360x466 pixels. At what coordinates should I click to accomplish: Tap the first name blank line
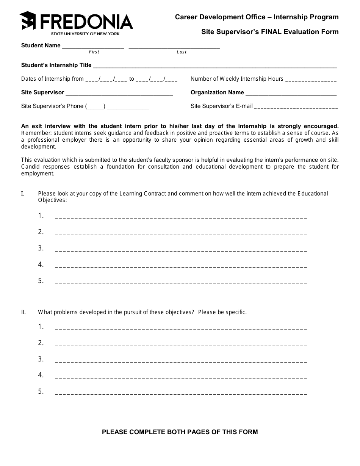click(x=93, y=47)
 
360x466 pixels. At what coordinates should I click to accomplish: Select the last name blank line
click(x=174, y=47)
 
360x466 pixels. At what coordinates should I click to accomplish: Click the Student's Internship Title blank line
click(x=215, y=66)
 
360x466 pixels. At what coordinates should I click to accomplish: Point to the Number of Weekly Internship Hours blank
click(x=311, y=80)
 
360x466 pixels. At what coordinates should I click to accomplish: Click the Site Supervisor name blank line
click(x=119, y=93)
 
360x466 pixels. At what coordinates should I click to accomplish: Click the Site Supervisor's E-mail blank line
click(x=296, y=107)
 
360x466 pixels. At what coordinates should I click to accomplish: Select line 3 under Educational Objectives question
click(x=181, y=250)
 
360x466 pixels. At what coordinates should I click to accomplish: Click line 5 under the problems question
click(x=181, y=393)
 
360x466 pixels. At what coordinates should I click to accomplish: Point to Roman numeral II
click(x=23, y=312)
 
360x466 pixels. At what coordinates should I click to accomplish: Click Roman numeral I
click(x=23, y=194)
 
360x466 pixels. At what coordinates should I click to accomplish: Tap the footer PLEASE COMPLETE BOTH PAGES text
click(x=180, y=432)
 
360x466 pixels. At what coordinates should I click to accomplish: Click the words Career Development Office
click(x=220, y=17)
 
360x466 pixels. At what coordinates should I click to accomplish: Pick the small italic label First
click(x=94, y=52)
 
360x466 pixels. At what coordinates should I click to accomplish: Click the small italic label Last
click(x=182, y=52)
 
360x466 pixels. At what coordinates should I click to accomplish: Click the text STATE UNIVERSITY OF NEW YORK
click(x=85, y=34)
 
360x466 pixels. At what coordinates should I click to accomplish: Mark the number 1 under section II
click(x=41, y=327)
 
